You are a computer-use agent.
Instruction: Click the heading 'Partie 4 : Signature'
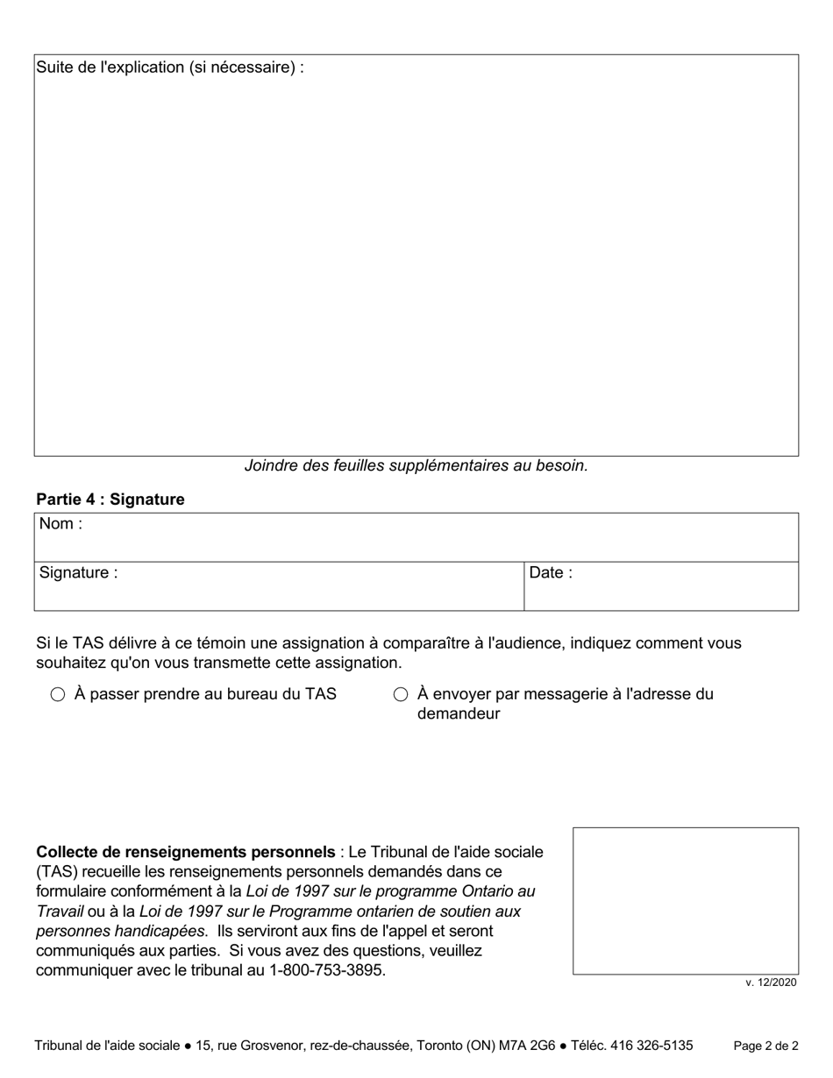point(110,500)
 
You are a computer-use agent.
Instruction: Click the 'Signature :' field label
point(77,573)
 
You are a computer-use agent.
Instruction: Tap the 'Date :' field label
point(551,573)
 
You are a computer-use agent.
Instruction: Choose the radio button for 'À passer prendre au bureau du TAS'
point(58,695)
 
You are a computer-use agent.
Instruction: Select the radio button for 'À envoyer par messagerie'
point(401,695)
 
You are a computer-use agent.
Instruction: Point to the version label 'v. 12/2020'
point(771,982)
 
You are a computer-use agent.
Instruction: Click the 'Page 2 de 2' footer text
point(765,1046)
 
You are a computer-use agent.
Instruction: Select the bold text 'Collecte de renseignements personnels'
point(185,852)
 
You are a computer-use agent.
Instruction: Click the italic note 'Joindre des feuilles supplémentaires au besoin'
point(416,465)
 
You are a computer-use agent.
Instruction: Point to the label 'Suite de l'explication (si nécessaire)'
point(169,67)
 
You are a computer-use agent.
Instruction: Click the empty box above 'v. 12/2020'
point(686,900)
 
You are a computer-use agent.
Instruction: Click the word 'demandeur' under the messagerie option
point(459,713)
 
